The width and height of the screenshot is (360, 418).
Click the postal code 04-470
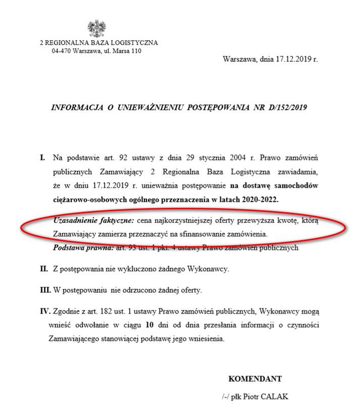[61, 51]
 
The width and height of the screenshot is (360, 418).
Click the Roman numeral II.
[44, 268]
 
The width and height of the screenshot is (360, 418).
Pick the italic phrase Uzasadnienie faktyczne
[93, 221]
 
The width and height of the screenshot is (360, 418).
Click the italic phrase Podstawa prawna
[83, 248]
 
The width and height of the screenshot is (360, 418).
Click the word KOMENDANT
[255, 379]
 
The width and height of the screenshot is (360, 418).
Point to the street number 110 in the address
[136, 51]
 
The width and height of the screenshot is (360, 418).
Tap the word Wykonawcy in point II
[211, 268]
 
